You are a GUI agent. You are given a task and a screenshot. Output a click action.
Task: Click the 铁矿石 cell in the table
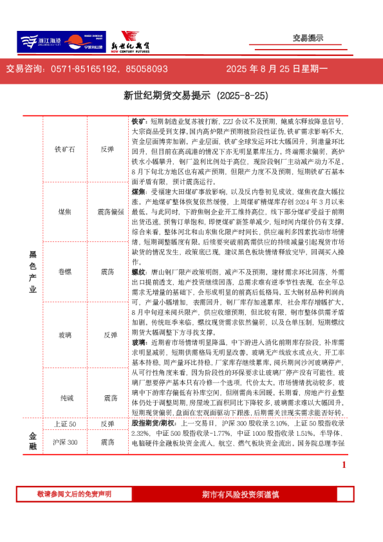(65, 149)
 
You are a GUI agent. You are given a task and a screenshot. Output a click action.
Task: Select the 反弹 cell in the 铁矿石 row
(107, 149)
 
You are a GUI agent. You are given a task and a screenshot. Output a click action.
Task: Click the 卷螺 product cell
(65, 273)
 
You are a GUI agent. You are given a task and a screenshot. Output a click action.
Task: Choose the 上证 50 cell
(65, 424)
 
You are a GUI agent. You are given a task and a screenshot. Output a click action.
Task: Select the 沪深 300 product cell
(65, 442)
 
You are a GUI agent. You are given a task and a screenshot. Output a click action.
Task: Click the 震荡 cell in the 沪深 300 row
(107, 442)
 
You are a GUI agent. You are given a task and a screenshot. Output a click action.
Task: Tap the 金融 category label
(32, 434)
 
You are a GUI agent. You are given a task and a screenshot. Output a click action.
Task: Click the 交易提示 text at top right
(308, 39)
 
